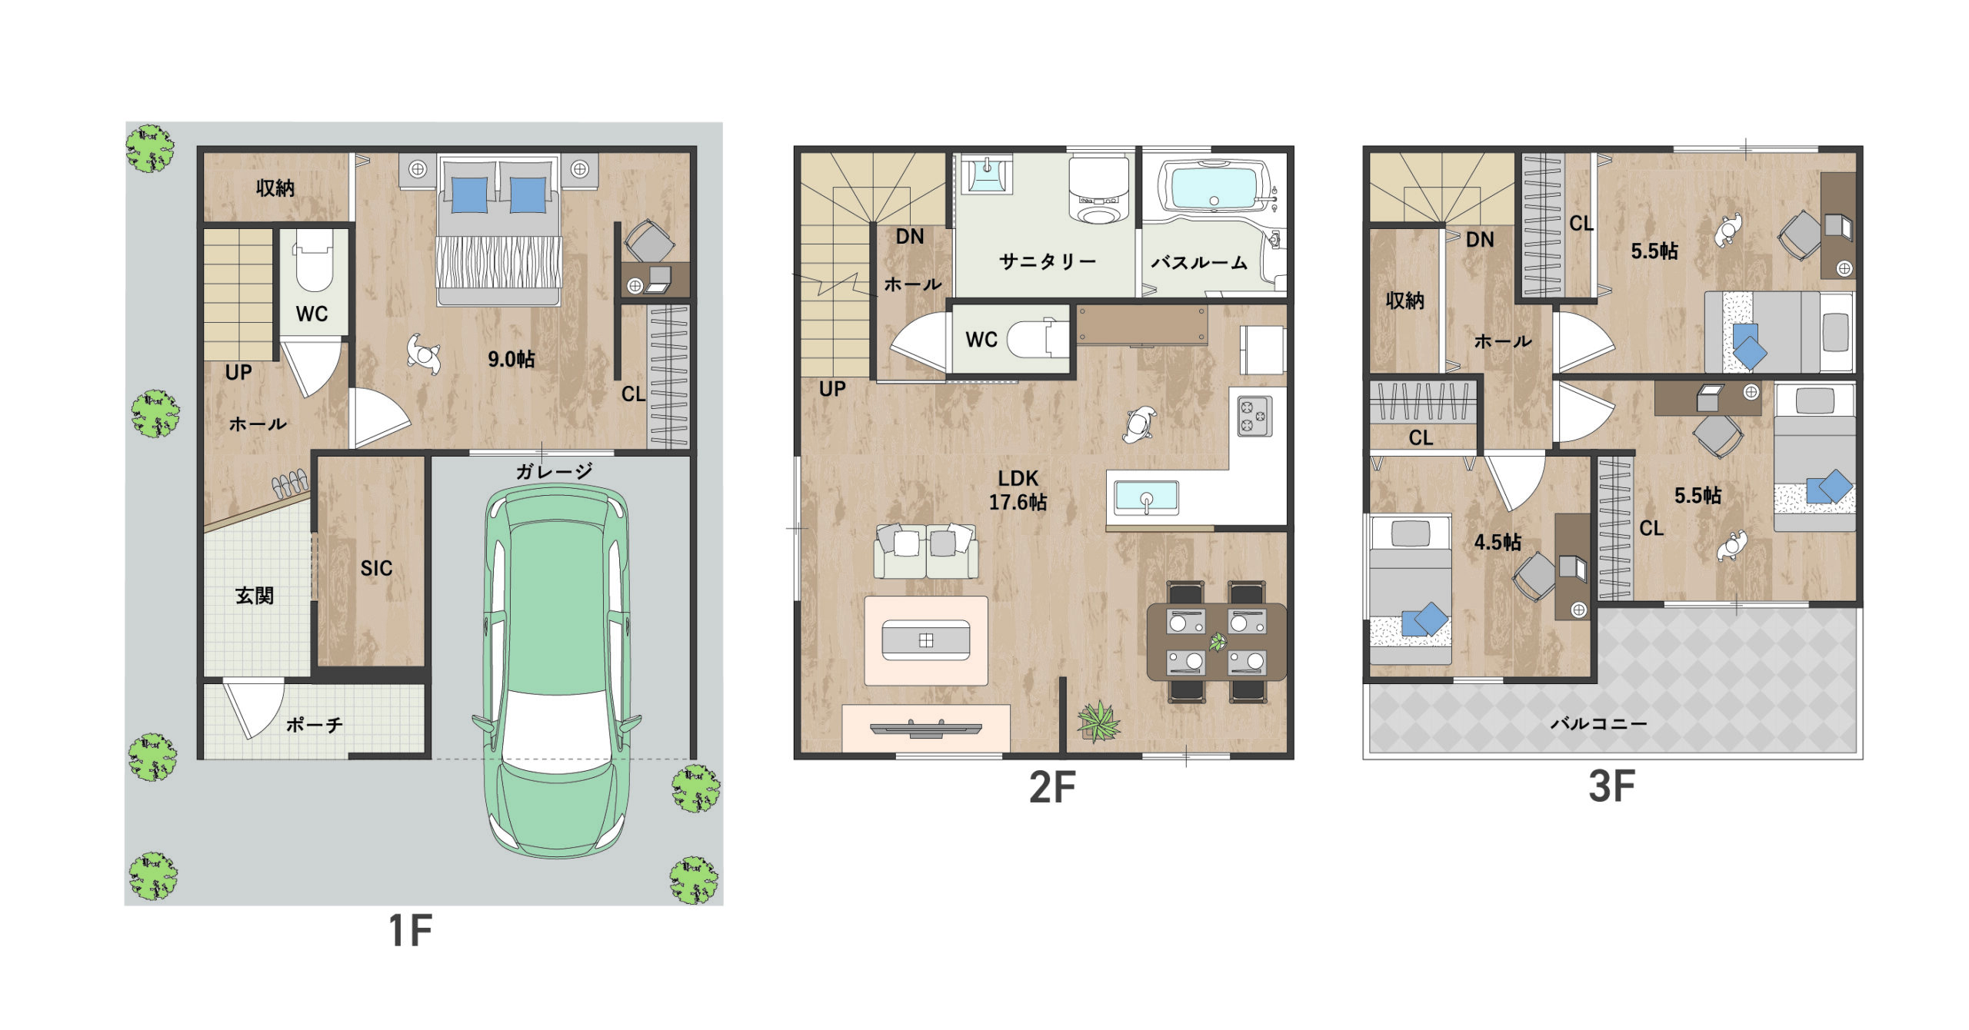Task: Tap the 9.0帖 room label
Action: [511, 359]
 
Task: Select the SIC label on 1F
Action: [376, 568]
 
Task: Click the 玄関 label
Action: [255, 595]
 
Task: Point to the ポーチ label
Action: [315, 725]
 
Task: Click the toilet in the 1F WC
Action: [314, 260]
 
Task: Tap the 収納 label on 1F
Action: [275, 188]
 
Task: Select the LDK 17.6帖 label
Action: [1018, 490]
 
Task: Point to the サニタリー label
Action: [1048, 261]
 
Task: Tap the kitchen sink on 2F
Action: [1146, 498]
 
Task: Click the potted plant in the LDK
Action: [1099, 721]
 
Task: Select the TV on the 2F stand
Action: [926, 728]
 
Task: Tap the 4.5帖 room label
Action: [1498, 542]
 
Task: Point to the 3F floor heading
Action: [1611, 786]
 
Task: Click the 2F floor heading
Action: [1052, 787]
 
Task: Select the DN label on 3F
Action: [1480, 240]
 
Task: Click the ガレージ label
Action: [554, 471]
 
